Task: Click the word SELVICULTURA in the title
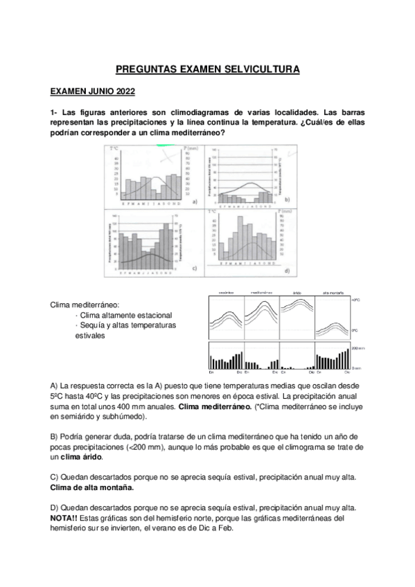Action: (258, 70)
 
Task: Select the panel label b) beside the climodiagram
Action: (287, 199)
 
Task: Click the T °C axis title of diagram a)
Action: (115, 148)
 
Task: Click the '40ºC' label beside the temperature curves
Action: (357, 301)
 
